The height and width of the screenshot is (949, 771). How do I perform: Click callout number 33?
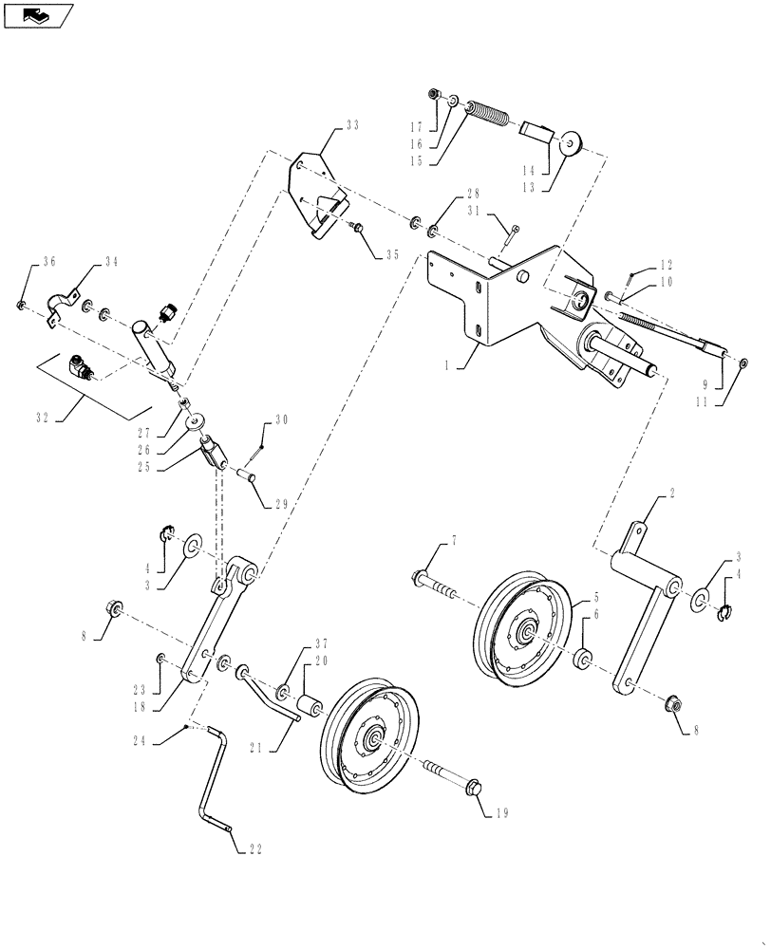pyautogui.click(x=353, y=126)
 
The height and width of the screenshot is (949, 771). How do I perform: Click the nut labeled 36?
pyautogui.click(x=21, y=304)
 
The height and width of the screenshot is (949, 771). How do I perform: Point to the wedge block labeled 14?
pyautogui.click(x=537, y=131)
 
